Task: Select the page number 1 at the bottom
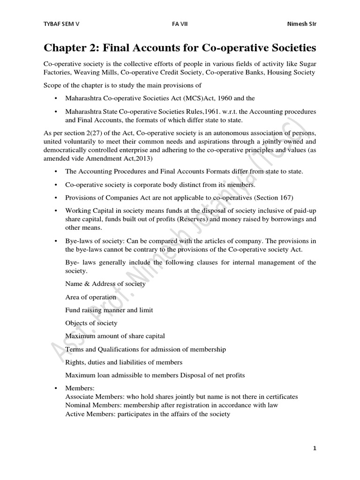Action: coord(315,448)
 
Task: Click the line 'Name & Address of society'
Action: coord(105,284)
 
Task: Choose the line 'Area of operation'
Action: coord(91,297)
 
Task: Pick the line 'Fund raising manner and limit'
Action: coord(109,310)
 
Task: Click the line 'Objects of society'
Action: coord(91,323)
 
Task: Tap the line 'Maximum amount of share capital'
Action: coord(115,336)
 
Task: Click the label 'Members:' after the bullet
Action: coord(80,389)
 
